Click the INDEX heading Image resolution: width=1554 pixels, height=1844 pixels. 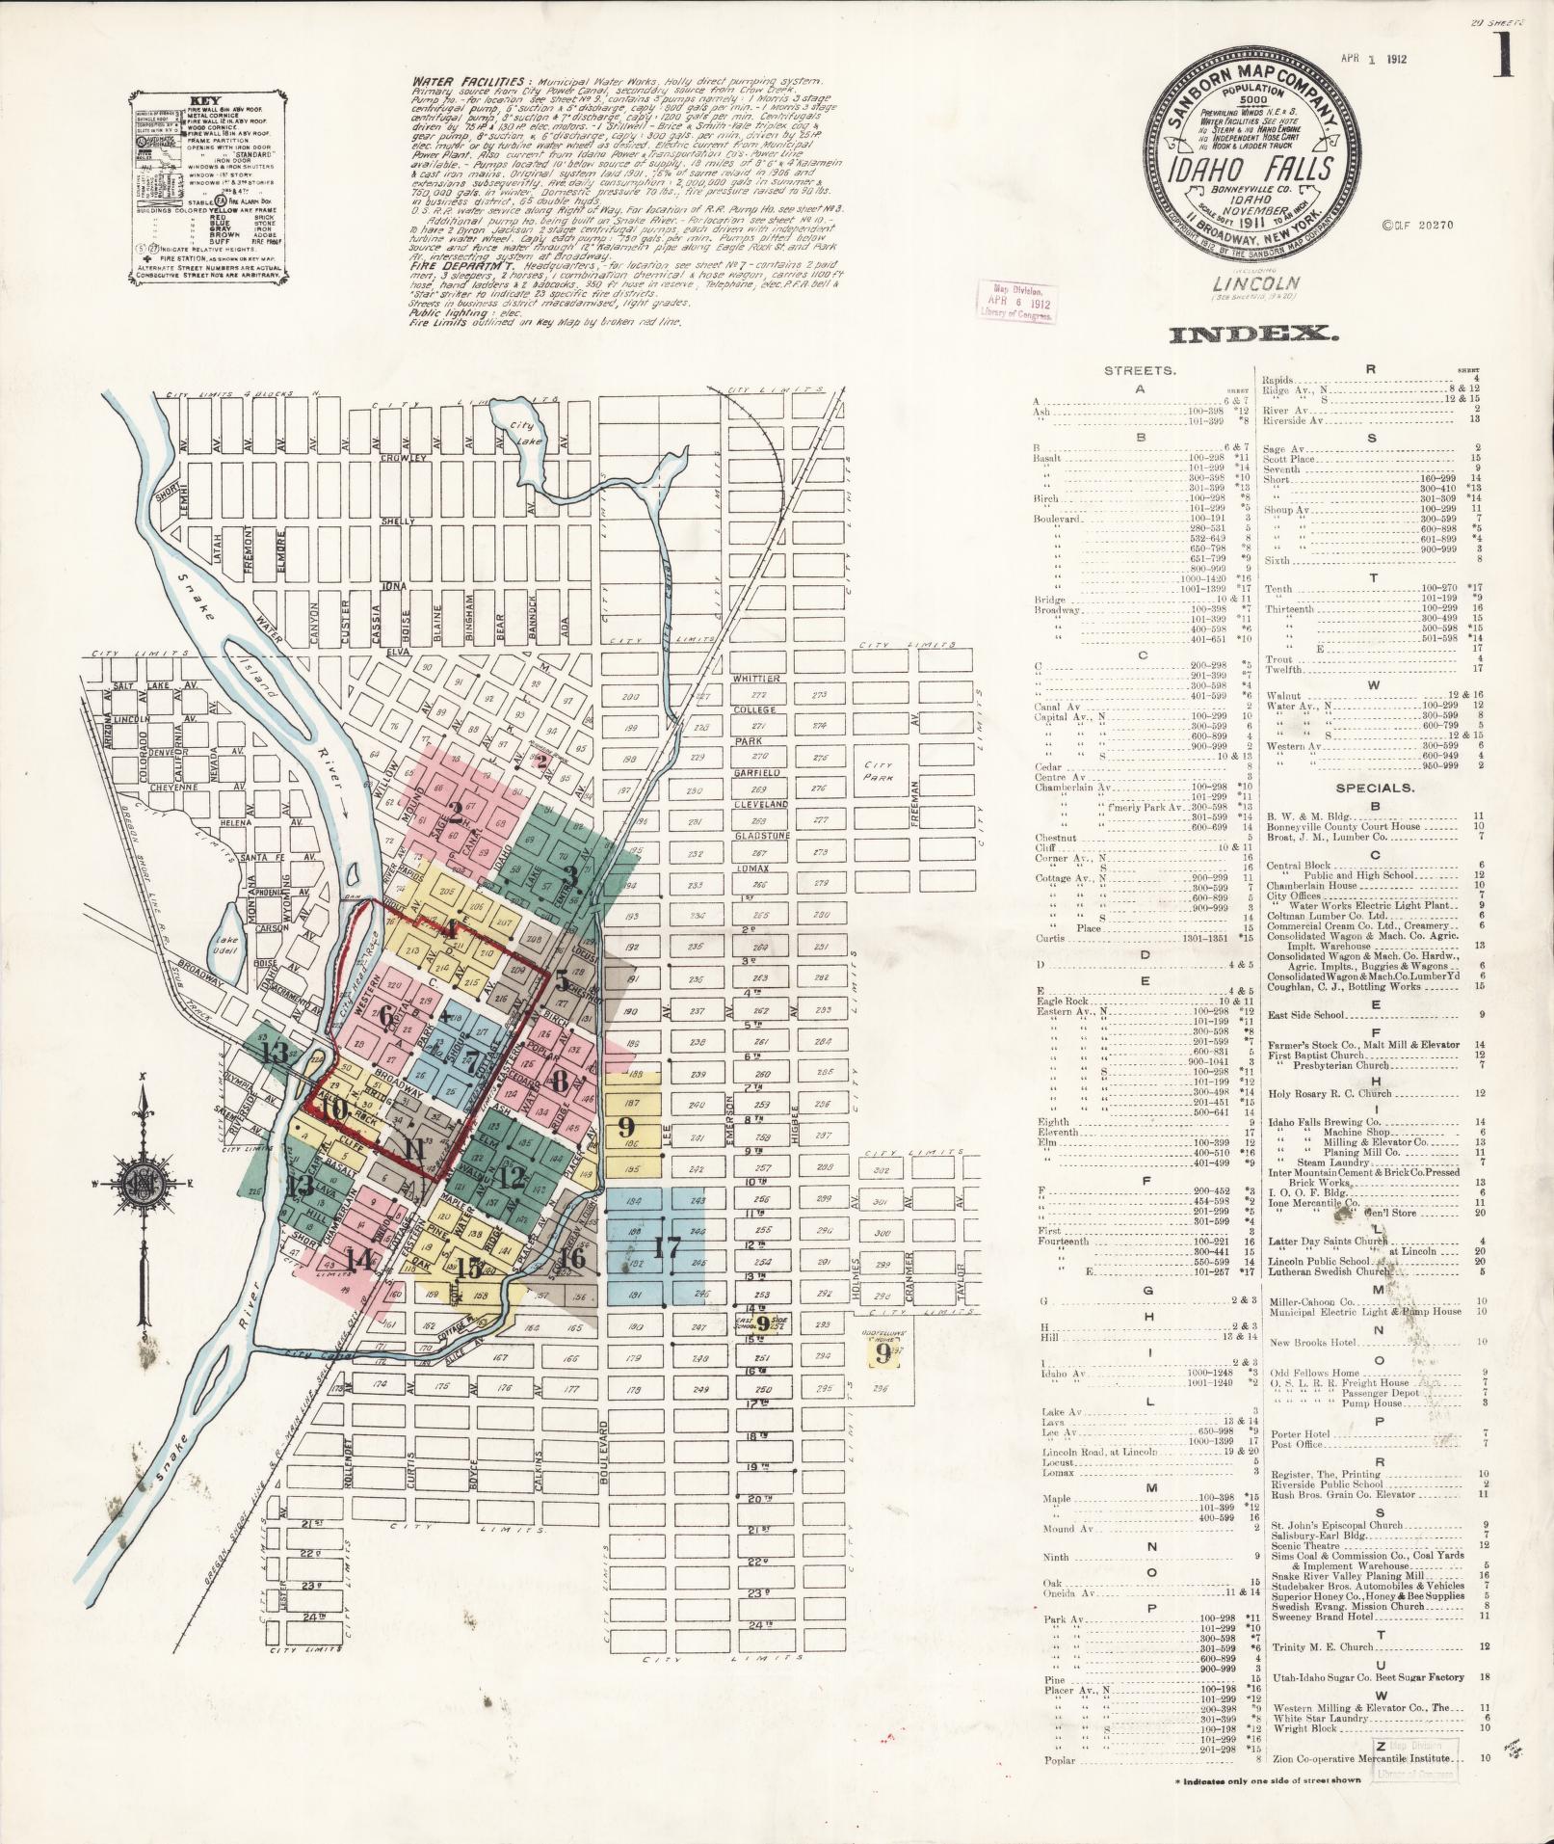(1251, 334)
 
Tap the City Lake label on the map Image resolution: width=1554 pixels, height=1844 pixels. (522, 432)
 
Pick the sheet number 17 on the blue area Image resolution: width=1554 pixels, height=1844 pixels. (666, 1245)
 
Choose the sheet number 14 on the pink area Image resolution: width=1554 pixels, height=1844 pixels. (360, 1258)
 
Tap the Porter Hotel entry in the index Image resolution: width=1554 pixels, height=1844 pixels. (1301, 1433)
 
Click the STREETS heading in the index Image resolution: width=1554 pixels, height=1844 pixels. (1139, 369)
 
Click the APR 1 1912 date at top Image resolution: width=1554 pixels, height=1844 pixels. (1374, 59)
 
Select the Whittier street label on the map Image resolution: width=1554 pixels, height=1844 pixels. (756, 679)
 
